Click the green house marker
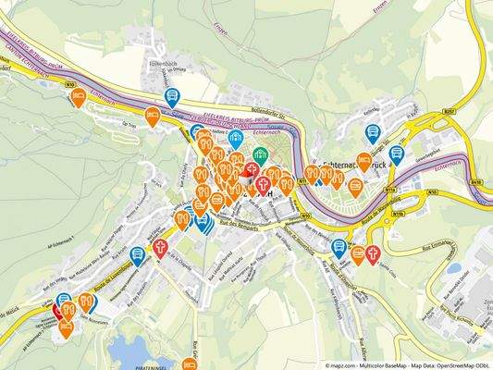260,155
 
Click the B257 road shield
449,111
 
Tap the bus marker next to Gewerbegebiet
397,154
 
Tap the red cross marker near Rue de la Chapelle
160,248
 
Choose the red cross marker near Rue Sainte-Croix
373,253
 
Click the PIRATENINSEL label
154,366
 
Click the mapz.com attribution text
344,365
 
